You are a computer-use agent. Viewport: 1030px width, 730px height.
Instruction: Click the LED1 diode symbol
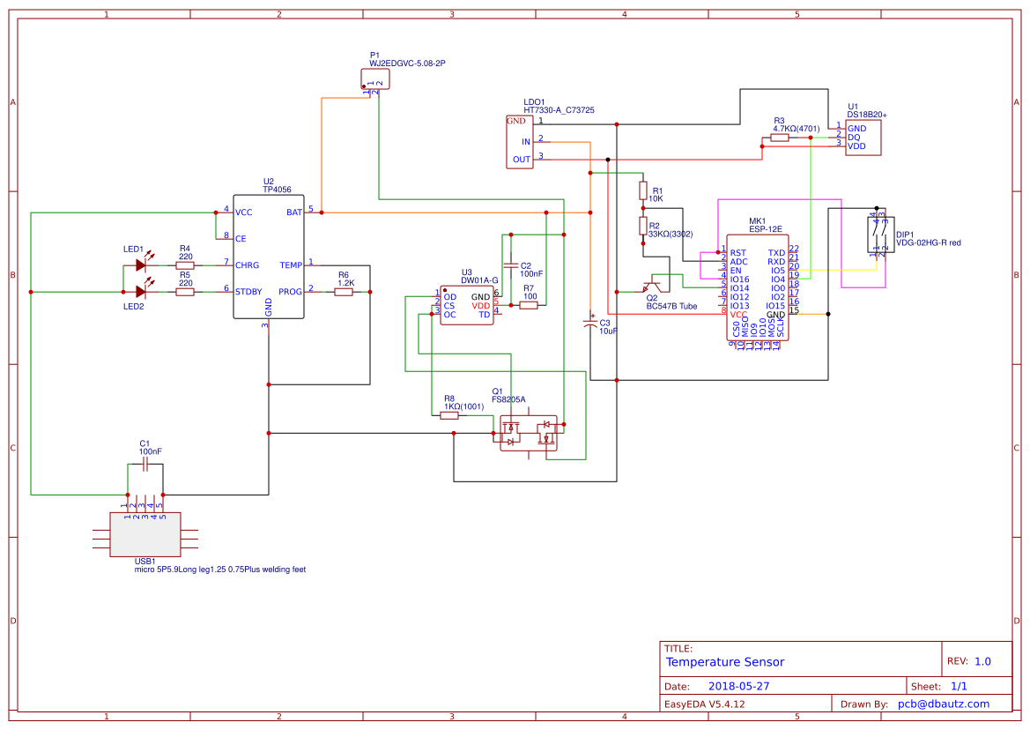coord(139,264)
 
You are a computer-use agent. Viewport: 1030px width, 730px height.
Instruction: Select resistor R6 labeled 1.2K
coord(344,291)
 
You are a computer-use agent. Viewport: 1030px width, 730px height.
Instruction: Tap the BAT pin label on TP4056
coord(294,212)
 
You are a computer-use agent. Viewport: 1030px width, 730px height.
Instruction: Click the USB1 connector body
coord(145,534)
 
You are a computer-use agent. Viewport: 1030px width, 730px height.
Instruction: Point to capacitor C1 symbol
coord(144,466)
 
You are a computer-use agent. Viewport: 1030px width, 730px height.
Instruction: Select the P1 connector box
coord(375,78)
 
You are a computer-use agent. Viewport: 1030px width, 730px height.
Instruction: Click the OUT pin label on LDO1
coord(522,160)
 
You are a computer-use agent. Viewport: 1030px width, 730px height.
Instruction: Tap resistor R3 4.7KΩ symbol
coord(780,138)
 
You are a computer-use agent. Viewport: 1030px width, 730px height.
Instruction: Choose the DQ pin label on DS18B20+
coord(854,138)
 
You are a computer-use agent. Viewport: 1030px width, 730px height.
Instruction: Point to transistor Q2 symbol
coord(652,287)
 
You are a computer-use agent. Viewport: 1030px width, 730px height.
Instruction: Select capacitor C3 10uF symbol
coord(591,324)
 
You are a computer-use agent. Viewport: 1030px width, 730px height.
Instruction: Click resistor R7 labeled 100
coord(529,305)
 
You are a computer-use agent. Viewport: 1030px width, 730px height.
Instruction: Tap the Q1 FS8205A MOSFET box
coord(529,433)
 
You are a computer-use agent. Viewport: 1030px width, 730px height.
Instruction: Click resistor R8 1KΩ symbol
coord(449,414)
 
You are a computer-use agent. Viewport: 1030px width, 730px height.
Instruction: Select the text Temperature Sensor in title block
coord(724,662)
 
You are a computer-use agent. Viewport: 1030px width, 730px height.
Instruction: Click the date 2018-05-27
coord(739,685)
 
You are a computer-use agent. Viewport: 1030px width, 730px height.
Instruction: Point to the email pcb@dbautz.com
coord(943,704)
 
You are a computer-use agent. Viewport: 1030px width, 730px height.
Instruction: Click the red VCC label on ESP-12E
coord(738,315)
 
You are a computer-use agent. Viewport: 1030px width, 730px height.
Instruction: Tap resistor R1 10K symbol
coord(643,190)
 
